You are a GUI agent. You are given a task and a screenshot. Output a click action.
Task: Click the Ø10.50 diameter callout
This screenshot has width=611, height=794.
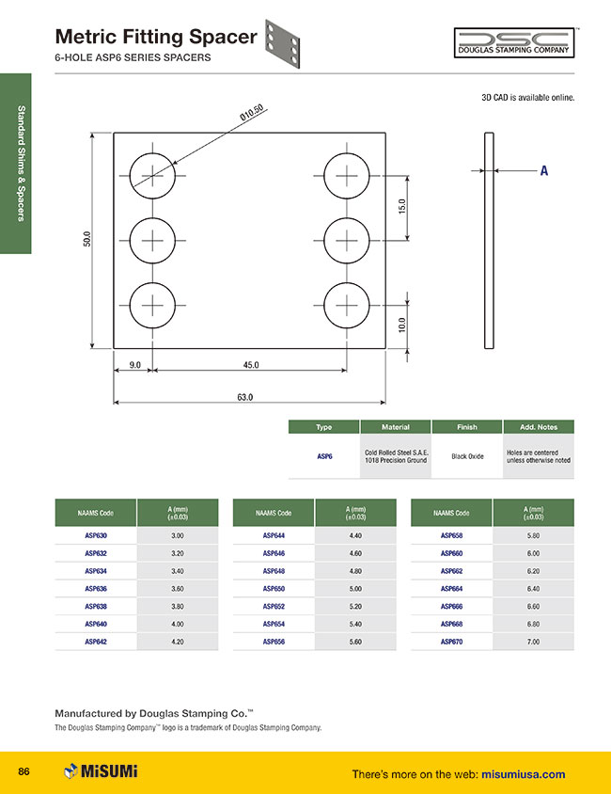coord(251,113)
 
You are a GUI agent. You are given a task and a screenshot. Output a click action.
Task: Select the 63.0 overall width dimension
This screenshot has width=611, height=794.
coord(245,397)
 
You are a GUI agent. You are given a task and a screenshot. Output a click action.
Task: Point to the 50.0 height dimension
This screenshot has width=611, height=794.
coord(87,241)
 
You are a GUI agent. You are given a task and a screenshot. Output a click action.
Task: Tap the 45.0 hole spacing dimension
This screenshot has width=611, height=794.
coord(251,365)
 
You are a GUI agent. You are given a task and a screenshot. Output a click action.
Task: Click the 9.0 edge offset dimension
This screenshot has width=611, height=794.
coord(135,365)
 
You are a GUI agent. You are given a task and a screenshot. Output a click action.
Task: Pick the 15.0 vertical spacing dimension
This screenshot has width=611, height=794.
coord(401,204)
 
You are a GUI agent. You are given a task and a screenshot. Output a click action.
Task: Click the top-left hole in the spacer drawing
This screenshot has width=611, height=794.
coord(152,176)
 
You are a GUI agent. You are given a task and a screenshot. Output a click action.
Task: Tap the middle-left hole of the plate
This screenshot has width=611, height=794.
coord(152,241)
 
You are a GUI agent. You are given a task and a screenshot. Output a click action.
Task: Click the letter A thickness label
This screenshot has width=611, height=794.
coord(543,171)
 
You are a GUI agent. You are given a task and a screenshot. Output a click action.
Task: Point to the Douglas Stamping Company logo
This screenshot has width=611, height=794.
coord(513,42)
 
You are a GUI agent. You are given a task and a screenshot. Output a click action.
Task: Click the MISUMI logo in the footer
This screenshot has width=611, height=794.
coord(101,772)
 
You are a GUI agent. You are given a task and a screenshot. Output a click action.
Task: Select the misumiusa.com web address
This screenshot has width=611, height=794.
coord(523,774)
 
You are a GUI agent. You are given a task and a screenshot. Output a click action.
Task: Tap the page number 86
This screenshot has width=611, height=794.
coord(24,772)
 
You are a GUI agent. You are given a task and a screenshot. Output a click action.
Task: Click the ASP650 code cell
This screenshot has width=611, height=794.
coord(274,589)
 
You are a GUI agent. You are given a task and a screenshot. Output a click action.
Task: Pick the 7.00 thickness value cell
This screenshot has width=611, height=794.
coord(532,642)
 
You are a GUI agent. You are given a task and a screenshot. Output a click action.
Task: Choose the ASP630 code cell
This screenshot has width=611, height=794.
coord(95,535)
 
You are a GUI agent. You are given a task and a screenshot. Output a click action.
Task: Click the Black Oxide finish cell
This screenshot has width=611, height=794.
coord(466,456)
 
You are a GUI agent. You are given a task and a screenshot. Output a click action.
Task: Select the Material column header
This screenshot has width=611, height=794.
coord(395,427)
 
